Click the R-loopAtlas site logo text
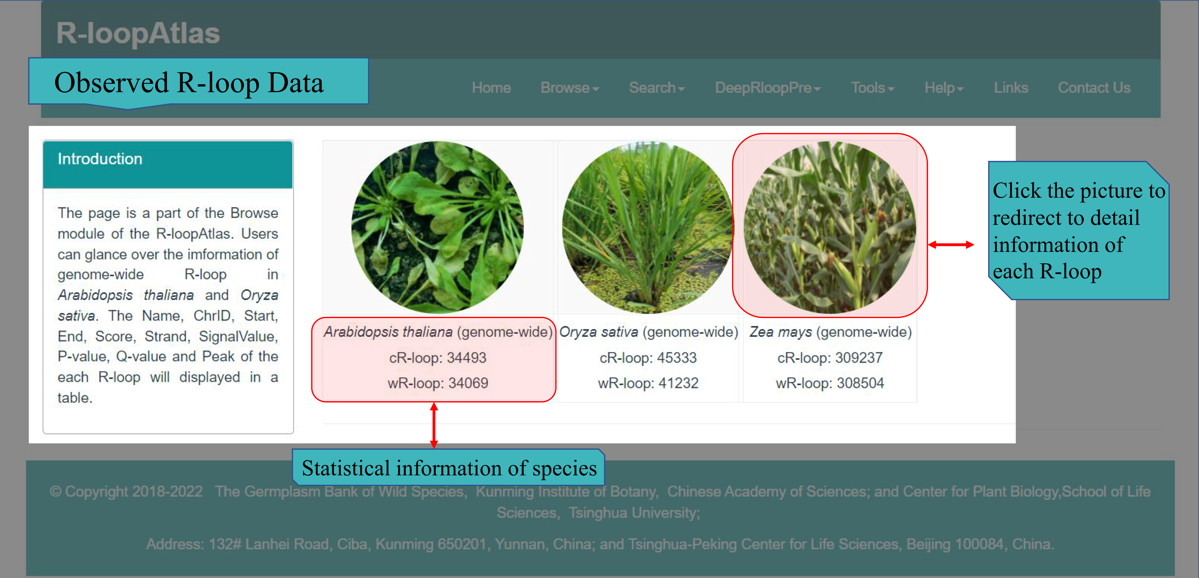138,33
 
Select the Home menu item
491,88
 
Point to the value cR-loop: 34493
438,358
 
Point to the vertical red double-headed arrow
434,425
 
